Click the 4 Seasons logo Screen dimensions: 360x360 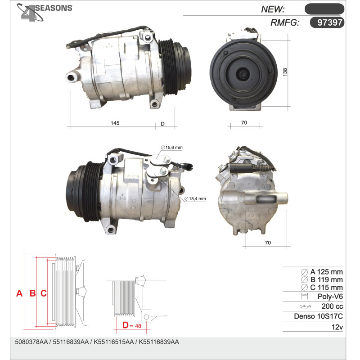[x=44, y=12]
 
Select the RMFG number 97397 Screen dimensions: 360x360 [x=330, y=22]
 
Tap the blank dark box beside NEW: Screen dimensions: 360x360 [x=324, y=9]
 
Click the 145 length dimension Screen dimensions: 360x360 [x=115, y=123]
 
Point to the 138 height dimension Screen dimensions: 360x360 [x=285, y=72]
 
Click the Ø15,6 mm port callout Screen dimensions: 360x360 [x=172, y=148]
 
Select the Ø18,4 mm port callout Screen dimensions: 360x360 [x=195, y=198]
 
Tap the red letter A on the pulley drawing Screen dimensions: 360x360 [x=19, y=293]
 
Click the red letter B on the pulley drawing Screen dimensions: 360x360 [x=32, y=293]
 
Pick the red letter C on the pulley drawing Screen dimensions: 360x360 [x=44, y=293]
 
